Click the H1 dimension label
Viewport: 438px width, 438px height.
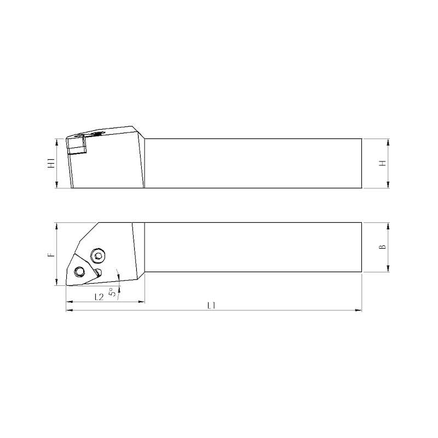pyautogui.click(x=51, y=163)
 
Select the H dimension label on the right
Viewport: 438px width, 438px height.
pyautogui.click(x=382, y=163)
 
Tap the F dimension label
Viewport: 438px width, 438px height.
pyautogui.click(x=51, y=255)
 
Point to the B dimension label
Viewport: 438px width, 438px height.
pyautogui.click(x=382, y=247)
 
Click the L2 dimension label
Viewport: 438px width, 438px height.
pyautogui.click(x=99, y=297)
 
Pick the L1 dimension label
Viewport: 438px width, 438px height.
pyautogui.click(x=211, y=306)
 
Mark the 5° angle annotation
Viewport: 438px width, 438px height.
pyautogui.click(x=112, y=292)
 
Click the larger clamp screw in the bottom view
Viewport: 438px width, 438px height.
pyautogui.click(x=98, y=255)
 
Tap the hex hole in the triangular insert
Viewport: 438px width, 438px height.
pyautogui.click(x=79, y=271)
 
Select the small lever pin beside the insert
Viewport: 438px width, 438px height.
pyautogui.click(x=98, y=272)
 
